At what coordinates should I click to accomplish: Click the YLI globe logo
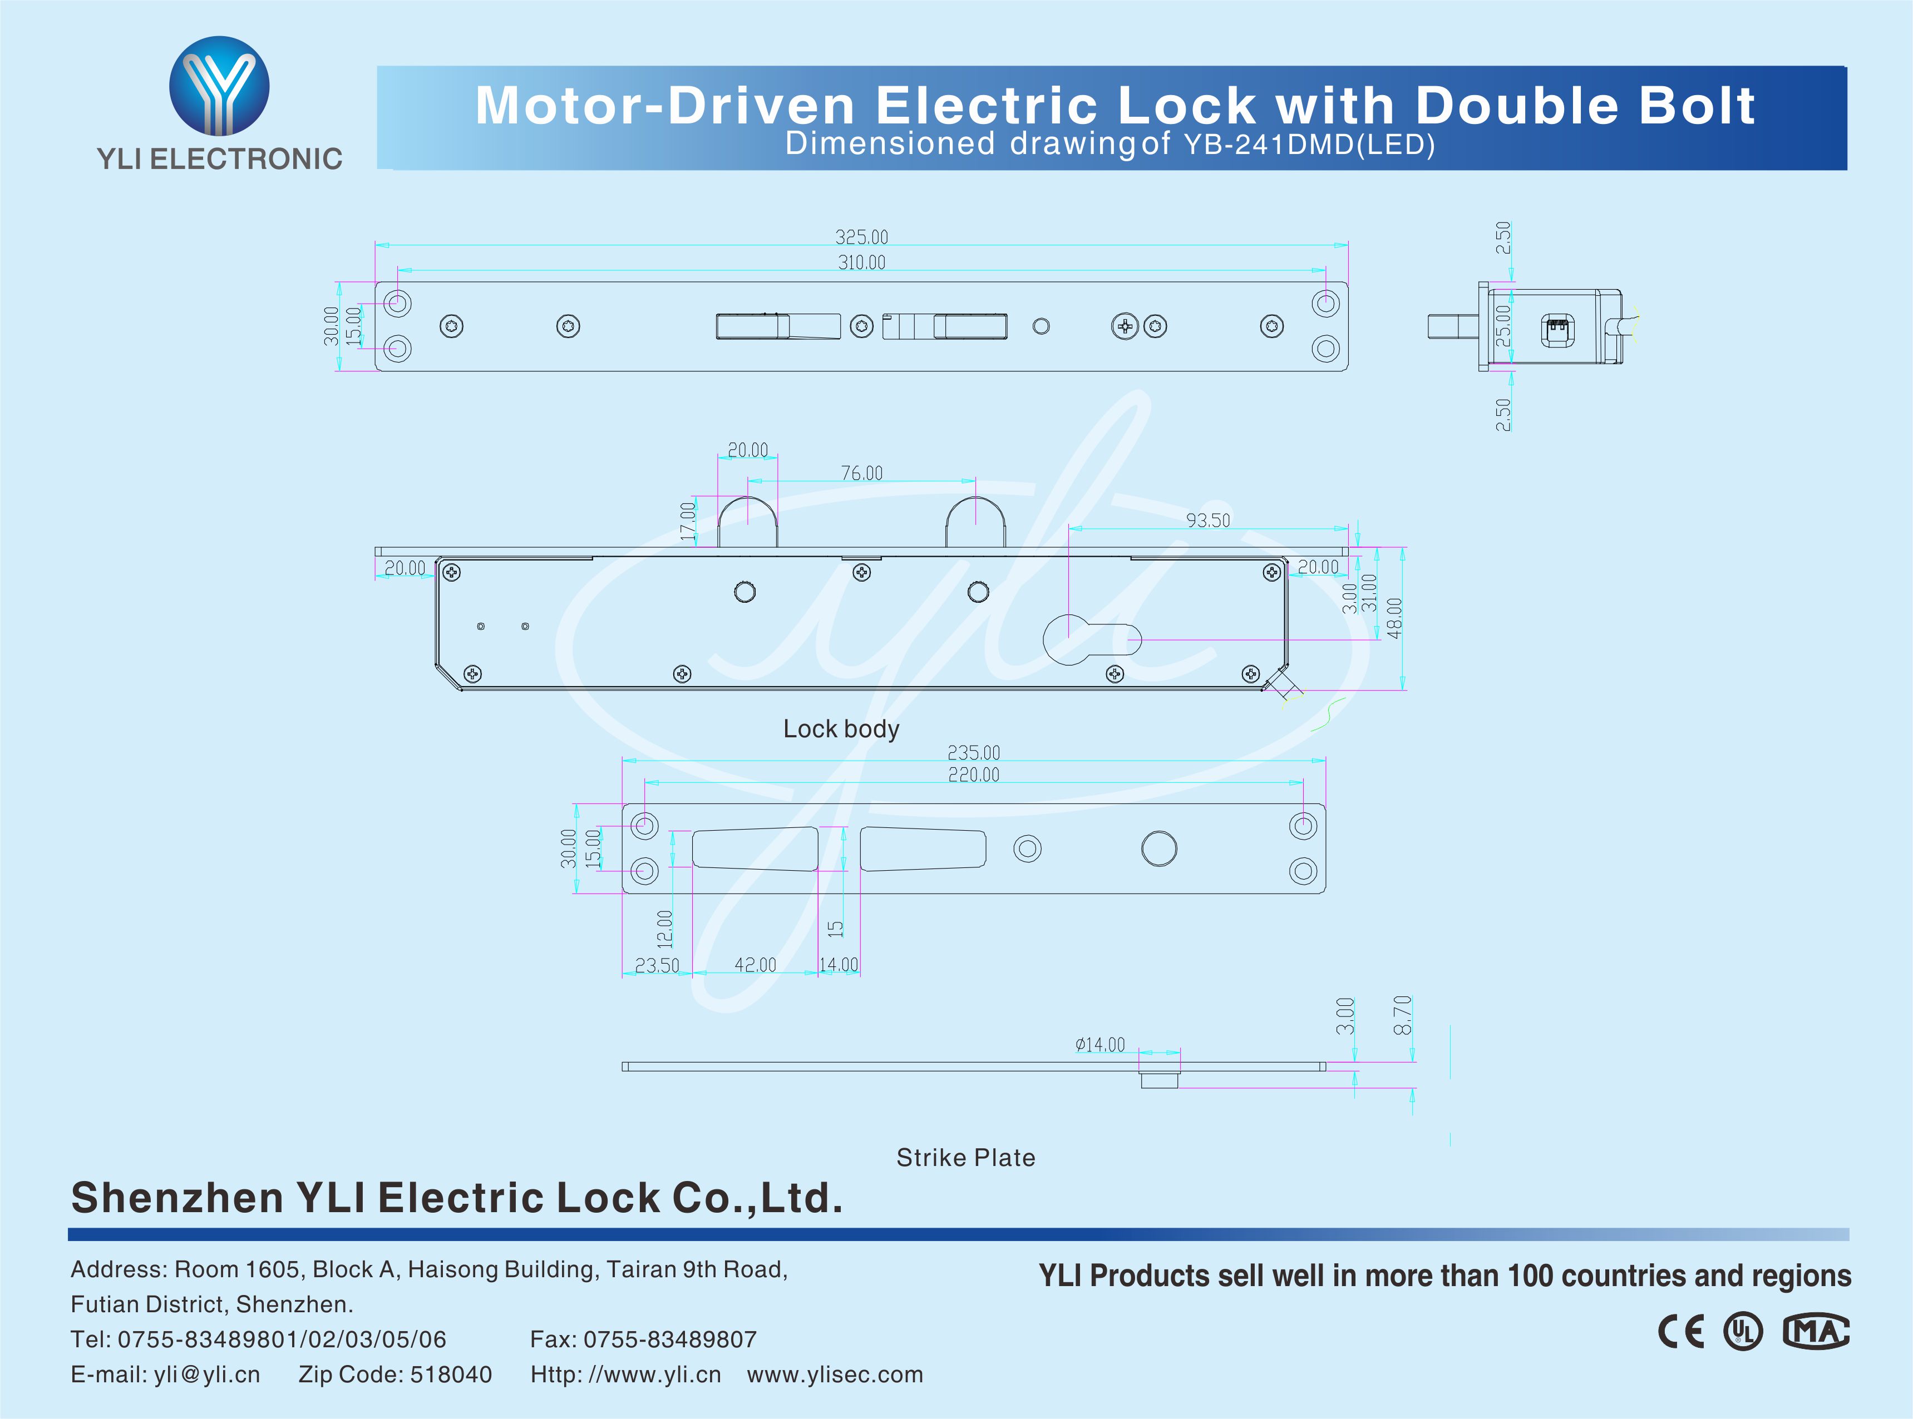pyautogui.click(x=219, y=86)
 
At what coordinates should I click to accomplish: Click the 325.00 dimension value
pyautogui.click(x=861, y=236)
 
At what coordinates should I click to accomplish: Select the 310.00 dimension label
pyautogui.click(x=861, y=262)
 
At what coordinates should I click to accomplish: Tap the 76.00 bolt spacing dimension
pyautogui.click(x=861, y=473)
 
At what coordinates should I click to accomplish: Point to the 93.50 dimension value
pyautogui.click(x=1207, y=520)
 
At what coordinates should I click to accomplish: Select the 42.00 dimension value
pyautogui.click(x=755, y=965)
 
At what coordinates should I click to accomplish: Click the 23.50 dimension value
pyautogui.click(x=657, y=965)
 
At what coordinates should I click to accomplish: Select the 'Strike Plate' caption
pyautogui.click(x=965, y=1158)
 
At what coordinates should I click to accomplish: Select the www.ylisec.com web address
pyautogui.click(x=835, y=1375)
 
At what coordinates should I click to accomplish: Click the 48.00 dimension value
pyautogui.click(x=1394, y=618)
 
